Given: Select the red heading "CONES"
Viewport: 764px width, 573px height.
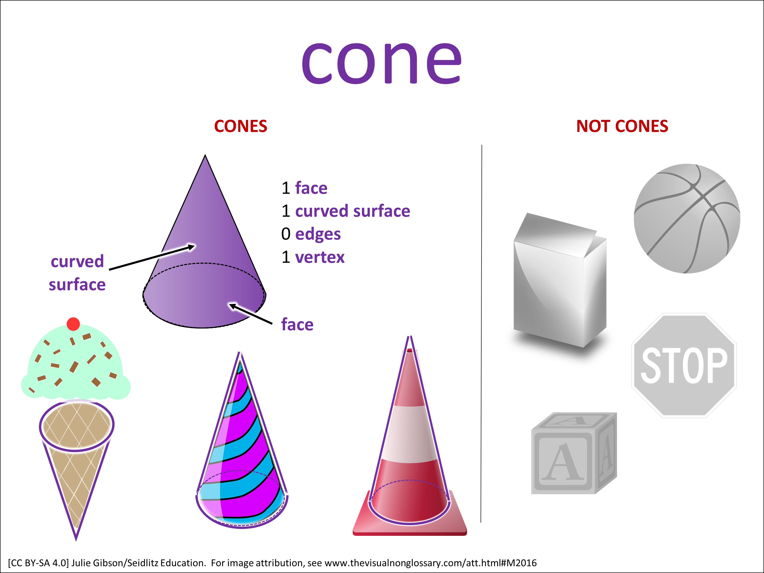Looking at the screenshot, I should click(240, 126).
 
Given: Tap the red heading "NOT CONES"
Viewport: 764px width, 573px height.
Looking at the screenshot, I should click(622, 126).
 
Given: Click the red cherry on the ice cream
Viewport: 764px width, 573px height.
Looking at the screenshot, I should click(73, 324).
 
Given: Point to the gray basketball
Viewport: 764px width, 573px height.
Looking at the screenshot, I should click(687, 218).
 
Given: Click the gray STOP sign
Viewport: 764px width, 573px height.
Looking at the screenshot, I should click(684, 365).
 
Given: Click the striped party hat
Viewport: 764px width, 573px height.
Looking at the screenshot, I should click(242, 459).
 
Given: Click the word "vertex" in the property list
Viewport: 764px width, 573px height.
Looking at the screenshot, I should click(320, 257).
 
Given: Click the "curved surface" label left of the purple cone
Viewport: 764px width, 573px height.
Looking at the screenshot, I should click(77, 273).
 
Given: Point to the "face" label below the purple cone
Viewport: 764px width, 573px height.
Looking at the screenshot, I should click(297, 325).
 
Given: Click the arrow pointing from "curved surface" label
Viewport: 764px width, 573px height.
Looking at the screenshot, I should click(152, 257).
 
